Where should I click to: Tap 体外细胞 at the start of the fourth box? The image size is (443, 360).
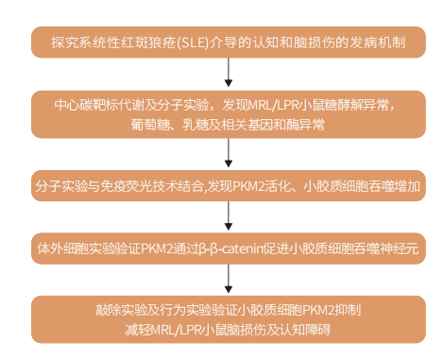(x=59, y=249)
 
